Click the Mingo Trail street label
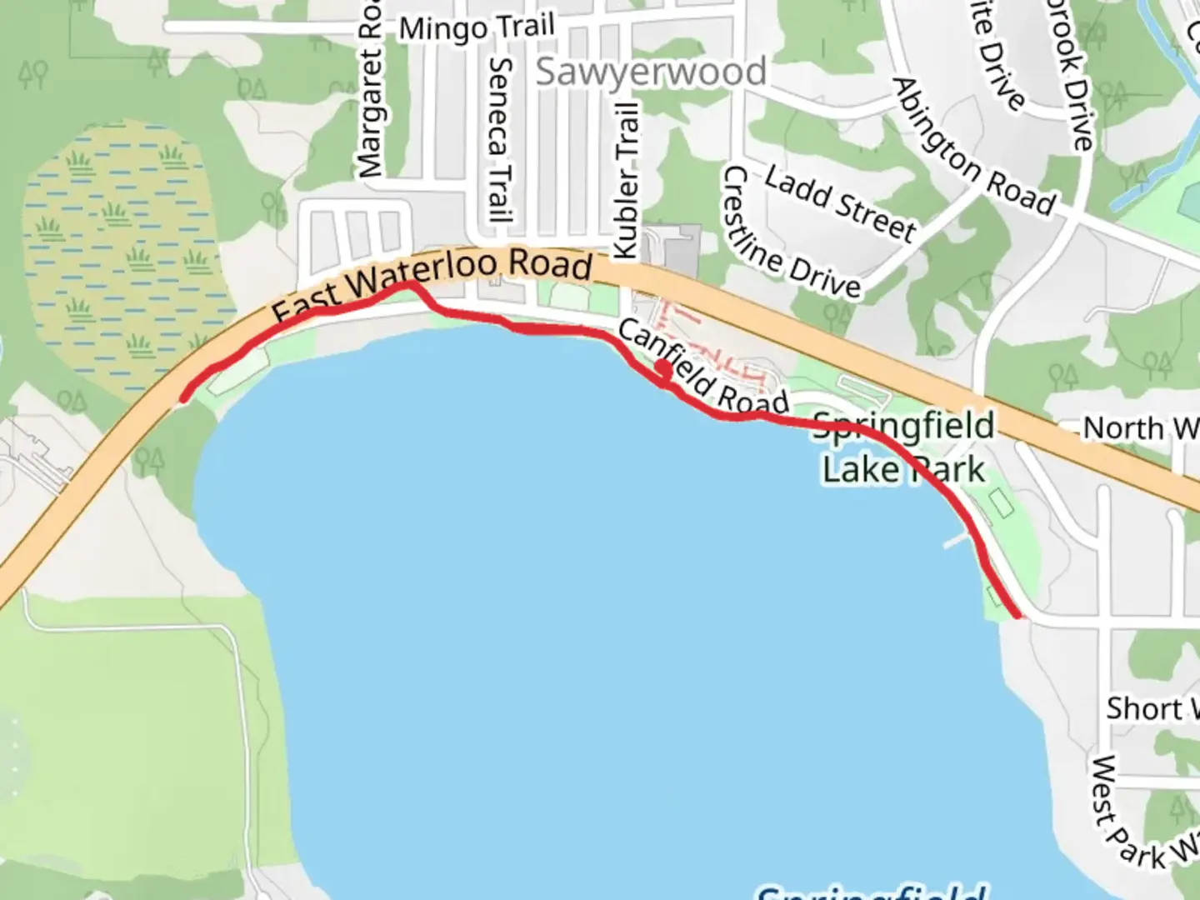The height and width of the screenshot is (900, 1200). [476, 28]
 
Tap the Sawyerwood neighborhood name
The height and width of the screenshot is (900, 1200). [650, 72]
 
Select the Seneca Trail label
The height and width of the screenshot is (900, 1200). [499, 137]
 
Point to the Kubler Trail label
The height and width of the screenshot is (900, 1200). [626, 179]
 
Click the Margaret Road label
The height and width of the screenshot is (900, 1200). [369, 92]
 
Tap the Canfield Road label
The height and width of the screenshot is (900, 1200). [702, 368]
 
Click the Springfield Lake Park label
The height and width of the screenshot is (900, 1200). [904, 448]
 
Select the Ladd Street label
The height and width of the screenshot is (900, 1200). [839, 202]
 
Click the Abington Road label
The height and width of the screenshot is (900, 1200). [972, 148]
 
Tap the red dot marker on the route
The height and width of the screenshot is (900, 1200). [663, 368]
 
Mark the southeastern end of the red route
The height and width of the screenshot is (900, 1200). [1017, 615]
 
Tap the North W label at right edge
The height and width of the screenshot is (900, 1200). [1140, 428]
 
